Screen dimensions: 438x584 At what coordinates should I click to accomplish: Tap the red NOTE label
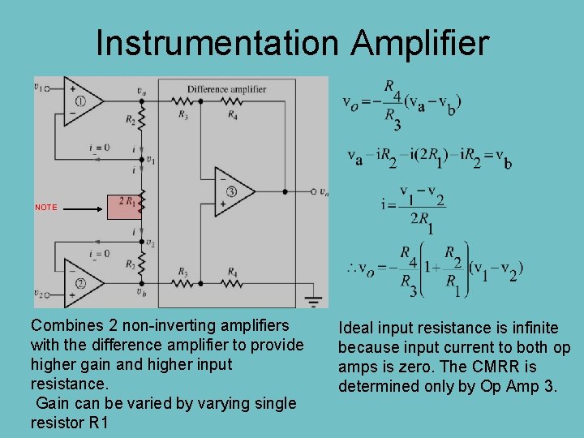pos(46,208)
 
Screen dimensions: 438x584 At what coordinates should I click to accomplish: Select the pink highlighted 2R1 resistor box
pos(125,207)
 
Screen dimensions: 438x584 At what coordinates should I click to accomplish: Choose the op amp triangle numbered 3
pos(232,191)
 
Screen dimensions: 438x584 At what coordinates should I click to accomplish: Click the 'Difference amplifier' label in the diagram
pos(226,89)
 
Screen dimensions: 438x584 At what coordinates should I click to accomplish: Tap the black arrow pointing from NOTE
pos(84,208)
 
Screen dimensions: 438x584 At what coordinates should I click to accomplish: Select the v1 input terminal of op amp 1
pos(38,88)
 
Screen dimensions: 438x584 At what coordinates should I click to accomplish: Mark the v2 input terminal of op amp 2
pos(38,293)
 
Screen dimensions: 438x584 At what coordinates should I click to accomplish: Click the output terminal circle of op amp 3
pos(314,192)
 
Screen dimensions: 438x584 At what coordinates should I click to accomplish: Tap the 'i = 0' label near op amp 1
pos(100,147)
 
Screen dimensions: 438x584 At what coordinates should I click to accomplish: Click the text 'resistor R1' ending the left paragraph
pos(70,423)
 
